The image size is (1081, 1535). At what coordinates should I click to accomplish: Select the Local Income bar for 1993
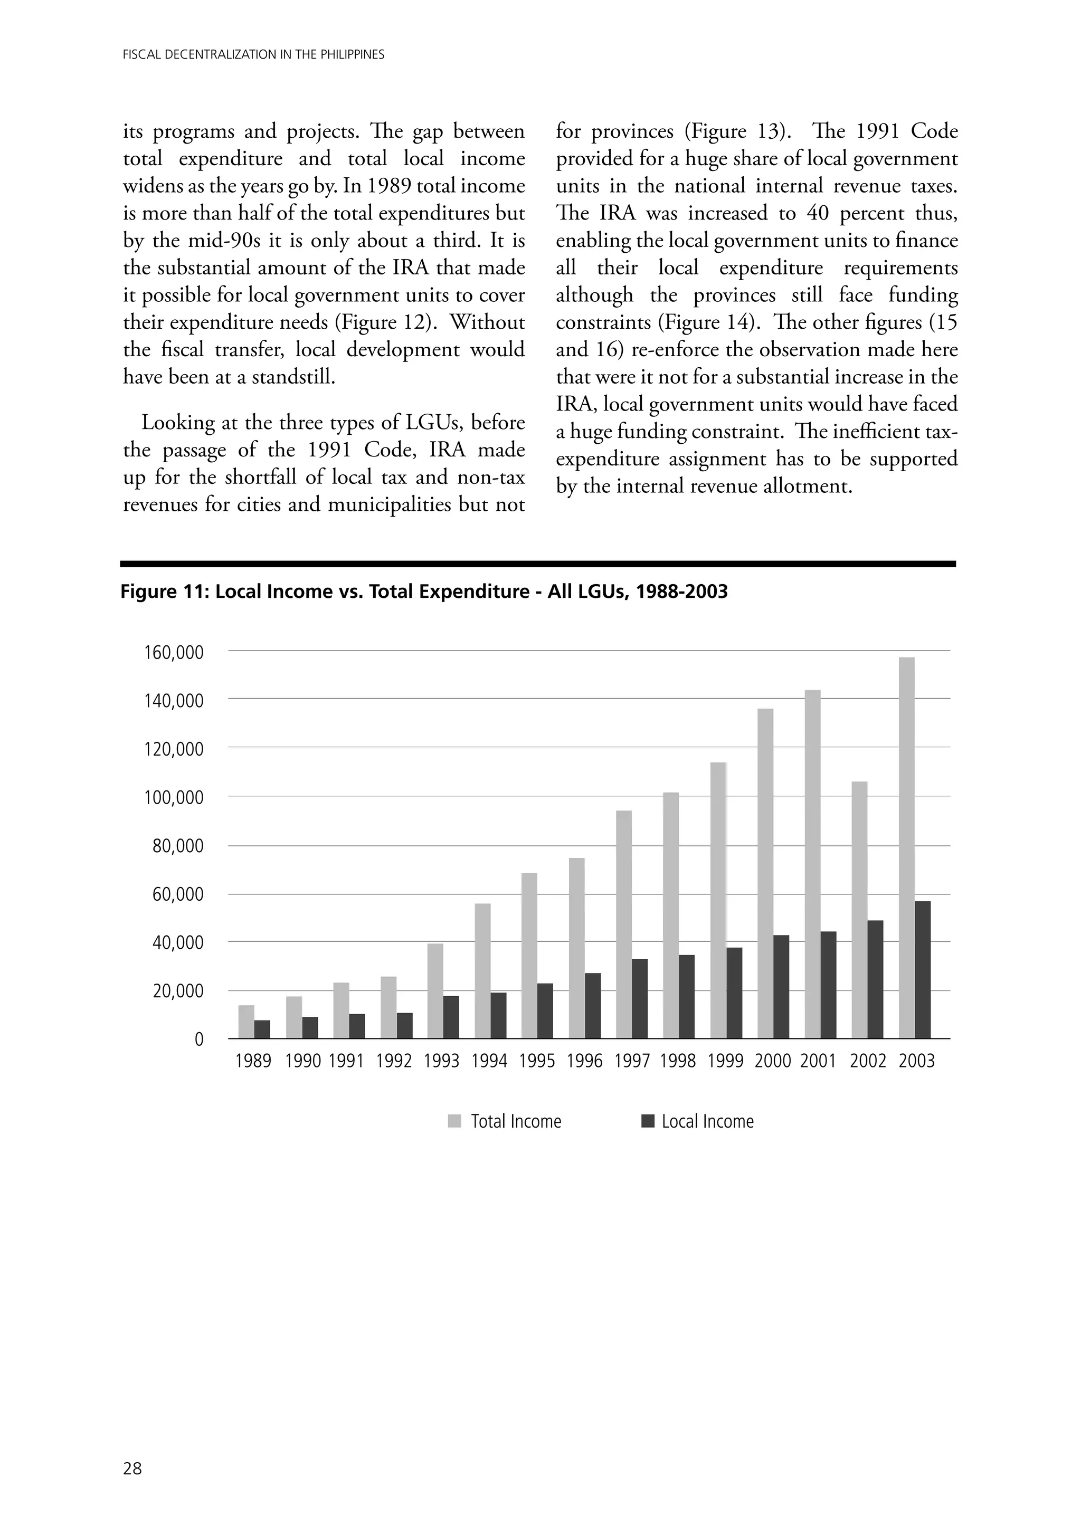point(451,1017)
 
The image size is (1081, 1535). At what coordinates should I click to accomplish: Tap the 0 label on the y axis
point(198,1040)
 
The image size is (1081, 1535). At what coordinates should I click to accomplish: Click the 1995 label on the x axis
point(536,1062)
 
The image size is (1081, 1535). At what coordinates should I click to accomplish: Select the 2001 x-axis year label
point(818,1062)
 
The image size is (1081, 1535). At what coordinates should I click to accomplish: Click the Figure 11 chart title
point(423,592)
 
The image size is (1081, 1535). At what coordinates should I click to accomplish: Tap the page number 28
point(132,1468)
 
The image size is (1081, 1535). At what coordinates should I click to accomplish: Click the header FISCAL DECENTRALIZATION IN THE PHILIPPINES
point(253,55)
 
